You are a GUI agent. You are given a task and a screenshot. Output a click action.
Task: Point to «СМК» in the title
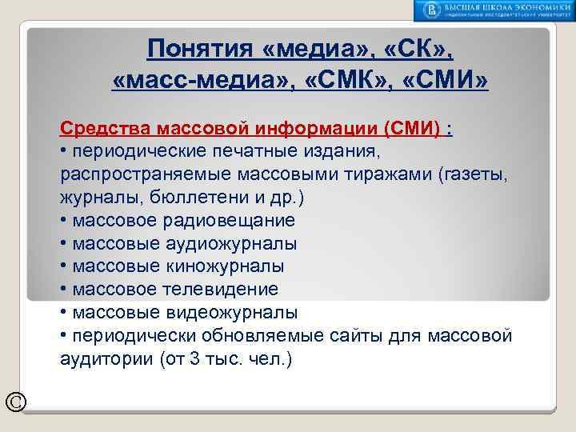coord(345,81)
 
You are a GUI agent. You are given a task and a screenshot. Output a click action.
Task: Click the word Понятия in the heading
coord(200,50)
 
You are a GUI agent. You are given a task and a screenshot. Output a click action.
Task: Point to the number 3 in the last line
coord(195,359)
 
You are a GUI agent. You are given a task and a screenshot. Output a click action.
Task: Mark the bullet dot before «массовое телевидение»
coord(63,289)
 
